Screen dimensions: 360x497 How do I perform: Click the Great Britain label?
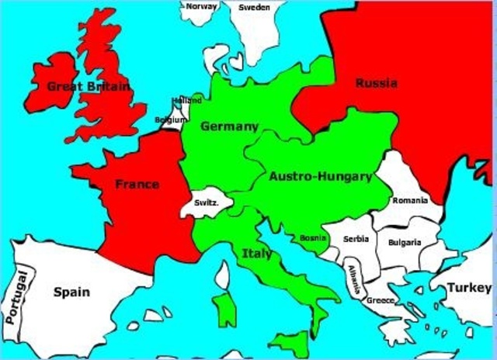coord(89,86)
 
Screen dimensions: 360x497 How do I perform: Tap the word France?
coord(137,184)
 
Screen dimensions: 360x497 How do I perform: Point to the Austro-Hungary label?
coord(320,177)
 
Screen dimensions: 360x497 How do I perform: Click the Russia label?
coord(377,83)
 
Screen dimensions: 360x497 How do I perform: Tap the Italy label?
coord(257,253)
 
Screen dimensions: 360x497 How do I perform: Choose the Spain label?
coord(71,292)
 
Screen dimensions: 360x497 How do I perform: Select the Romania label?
coord(410,200)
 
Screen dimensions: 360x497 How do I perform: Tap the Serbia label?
coord(356,238)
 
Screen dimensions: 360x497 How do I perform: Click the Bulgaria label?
coord(405,242)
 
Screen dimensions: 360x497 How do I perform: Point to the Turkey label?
coord(468,288)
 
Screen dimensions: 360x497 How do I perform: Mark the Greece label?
coord(381,299)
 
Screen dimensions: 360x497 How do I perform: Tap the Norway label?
coord(201,6)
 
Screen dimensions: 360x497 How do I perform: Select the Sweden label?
coord(254,7)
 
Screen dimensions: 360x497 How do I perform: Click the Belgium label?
coord(170,120)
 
